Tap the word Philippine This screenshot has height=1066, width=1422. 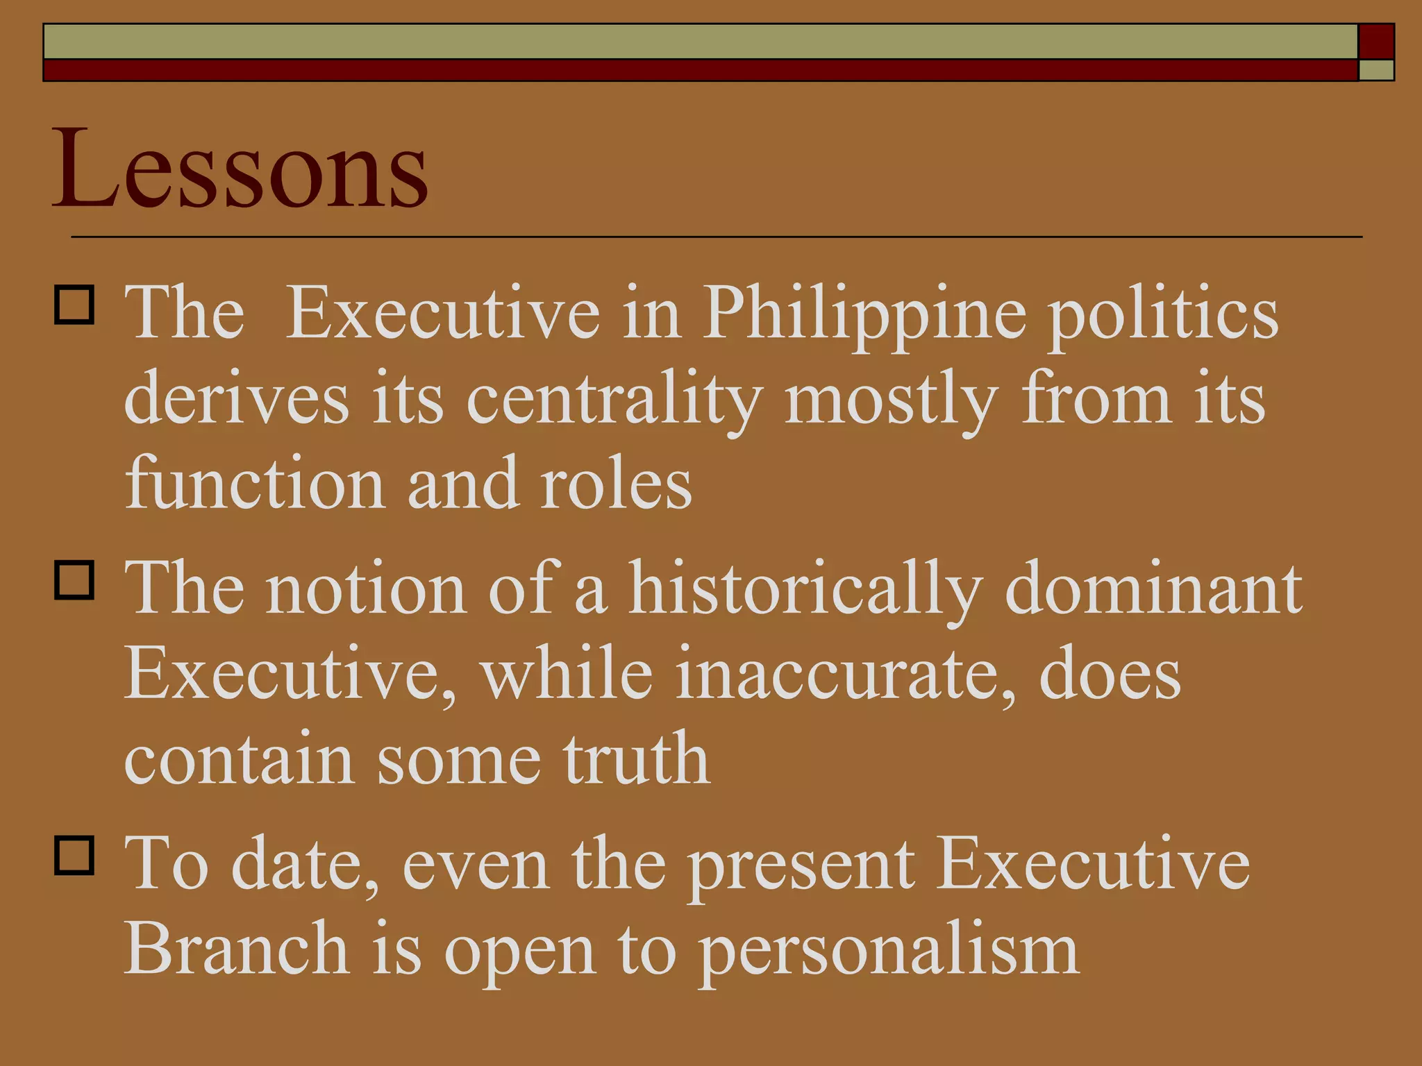point(864,314)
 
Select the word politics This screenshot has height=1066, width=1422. point(1163,314)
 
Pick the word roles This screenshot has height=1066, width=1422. point(616,484)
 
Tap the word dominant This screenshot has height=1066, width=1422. point(1153,589)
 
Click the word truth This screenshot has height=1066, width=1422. point(636,759)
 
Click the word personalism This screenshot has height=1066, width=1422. point(888,949)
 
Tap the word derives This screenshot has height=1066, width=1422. point(236,399)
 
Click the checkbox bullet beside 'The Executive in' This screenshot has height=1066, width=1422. point(74,305)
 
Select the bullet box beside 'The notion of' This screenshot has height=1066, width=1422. point(74,580)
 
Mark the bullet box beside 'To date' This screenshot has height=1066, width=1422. point(74,855)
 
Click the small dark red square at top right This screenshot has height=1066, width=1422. point(1376,41)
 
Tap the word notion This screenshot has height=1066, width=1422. point(367,589)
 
